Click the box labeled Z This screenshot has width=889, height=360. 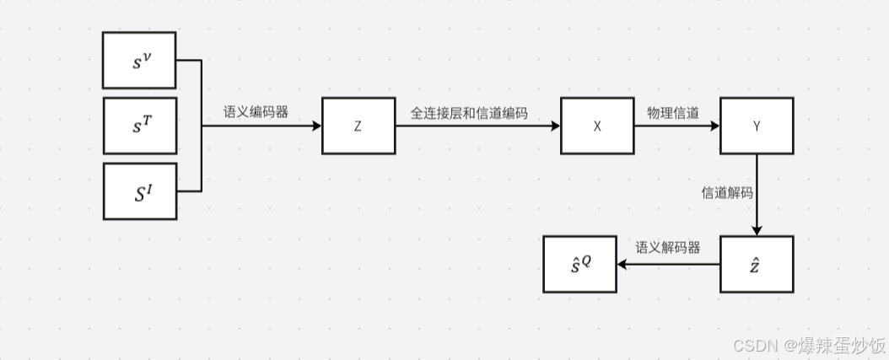tap(358, 126)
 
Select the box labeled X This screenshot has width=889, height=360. tap(597, 126)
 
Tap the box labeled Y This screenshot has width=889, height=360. tap(757, 126)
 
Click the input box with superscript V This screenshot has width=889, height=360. tap(139, 60)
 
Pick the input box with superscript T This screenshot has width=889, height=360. tap(139, 126)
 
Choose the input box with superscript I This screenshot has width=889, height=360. tap(139, 191)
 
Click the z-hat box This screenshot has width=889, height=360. tap(757, 264)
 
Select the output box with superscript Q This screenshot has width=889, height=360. tap(579, 264)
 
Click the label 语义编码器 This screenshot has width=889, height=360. tap(256, 111)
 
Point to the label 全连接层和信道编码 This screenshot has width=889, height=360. tap(469, 112)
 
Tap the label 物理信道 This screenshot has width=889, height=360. tap(673, 112)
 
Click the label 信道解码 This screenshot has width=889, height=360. tap(727, 192)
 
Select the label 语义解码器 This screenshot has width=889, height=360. tap(668, 248)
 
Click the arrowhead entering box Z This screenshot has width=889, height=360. tap(317, 126)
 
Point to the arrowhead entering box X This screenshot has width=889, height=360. tap(556, 126)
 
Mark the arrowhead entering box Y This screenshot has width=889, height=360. tap(715, 126)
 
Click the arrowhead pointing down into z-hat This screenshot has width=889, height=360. tap(757, 231)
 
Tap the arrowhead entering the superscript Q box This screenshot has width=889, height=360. tap(622, 264)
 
